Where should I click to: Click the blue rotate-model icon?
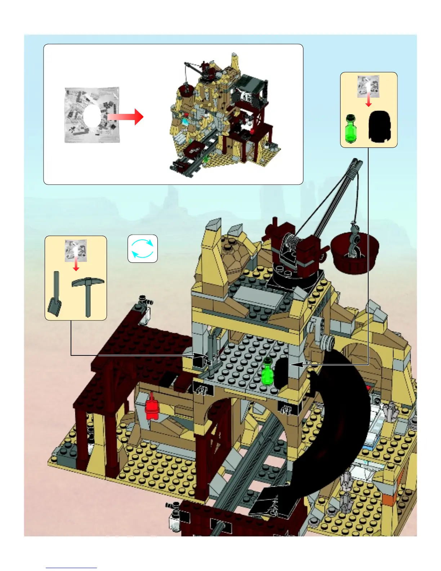pyautogui.click(x=143, y=248)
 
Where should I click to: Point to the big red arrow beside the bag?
pyautogui.click(x=126, y=117)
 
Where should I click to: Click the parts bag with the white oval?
pyautogui.click(x=92, y=115)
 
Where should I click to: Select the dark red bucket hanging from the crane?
pyautogui.click(x=355, y=252)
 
